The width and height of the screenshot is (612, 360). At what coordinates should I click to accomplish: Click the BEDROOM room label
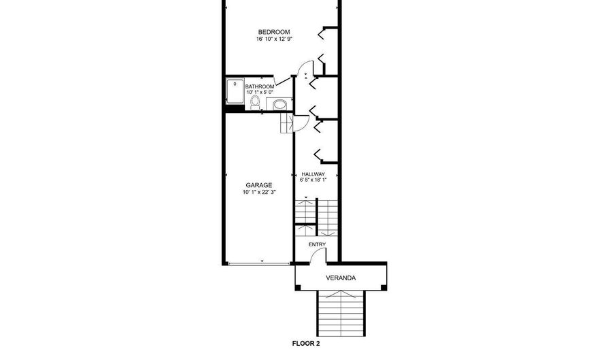pyautogui.click(x=273, y=32)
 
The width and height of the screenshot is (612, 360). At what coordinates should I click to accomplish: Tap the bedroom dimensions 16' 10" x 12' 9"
pyautogui.click(x=273, y=39)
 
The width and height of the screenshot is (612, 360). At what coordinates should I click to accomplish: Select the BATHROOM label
pyautogui.click(x=260, y=86)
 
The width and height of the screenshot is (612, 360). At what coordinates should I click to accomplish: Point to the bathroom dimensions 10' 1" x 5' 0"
pyautogui.click(x=260, y=93)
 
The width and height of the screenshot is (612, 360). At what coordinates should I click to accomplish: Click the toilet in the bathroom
pyautogui.click(x=255, y=102)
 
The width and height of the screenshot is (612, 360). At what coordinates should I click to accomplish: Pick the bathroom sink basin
pyautogui.click(x=279, y=104)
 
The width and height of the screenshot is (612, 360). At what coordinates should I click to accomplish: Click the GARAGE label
pyautogui.click(x=259, y=185)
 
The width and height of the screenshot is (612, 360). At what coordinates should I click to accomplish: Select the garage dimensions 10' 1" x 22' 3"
pyautogui.click(x=259, y=193)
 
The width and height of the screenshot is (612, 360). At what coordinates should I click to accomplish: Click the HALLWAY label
pyautogui.click(x=313, y=174)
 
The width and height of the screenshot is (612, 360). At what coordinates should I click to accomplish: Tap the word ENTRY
pyautogui.click(x=317, y=244)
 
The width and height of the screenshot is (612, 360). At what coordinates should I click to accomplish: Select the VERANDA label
pyautogui.click(x=340, y=278)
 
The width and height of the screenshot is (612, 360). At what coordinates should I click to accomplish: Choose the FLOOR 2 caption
pyautogui.click(x=306, y=344)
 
